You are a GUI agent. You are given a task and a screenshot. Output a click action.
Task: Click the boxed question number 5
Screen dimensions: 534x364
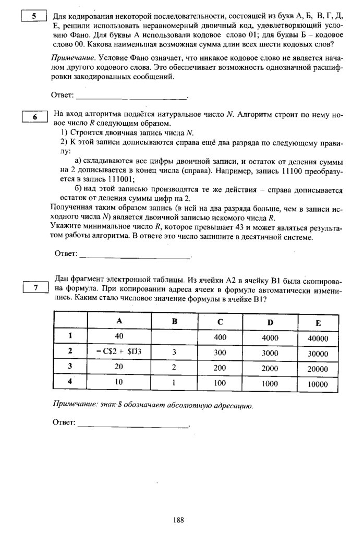(34, 16)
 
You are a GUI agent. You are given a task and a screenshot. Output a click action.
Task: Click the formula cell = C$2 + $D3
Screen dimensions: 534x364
(119, 351)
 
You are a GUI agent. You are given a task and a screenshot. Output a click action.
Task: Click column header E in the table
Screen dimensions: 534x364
(318, 323)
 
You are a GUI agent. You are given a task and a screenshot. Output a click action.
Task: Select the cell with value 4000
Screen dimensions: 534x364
(270, 337)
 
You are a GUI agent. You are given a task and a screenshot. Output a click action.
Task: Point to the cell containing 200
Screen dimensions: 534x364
(220, 367)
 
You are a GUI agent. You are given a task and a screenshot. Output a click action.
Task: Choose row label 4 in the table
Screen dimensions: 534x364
(70, 382)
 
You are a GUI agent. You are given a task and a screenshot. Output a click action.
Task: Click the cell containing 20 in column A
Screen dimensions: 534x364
(119, 367)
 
